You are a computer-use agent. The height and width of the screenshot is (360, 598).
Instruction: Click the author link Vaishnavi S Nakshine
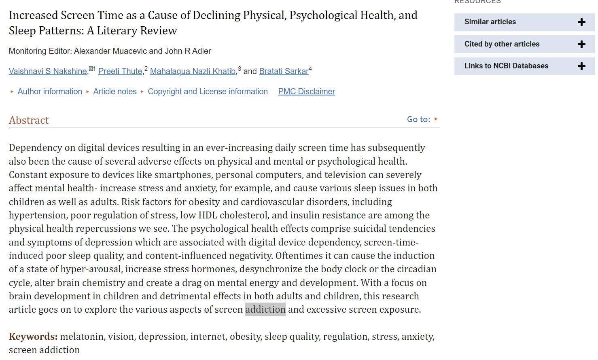coord(48,72)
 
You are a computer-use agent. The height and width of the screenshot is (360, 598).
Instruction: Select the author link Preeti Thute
coord(120,72)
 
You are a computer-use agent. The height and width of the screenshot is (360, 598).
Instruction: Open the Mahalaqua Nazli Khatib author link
coord(193,72)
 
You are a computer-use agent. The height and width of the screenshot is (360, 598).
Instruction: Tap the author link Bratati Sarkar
coord(284,72)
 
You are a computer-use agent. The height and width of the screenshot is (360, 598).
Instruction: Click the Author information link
coord(50,92)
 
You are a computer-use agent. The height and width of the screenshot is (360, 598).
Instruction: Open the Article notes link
coord(115,92)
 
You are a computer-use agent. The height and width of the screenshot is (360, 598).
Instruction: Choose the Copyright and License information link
coord(208,92)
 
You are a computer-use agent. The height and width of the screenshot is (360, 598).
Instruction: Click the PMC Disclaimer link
coord(306,92)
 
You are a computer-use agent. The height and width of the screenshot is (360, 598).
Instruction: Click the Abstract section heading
coord(29,121)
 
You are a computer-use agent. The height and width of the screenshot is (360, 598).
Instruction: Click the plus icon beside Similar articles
coord(581,22)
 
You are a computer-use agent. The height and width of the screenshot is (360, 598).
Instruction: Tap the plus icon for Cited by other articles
coord(581,44)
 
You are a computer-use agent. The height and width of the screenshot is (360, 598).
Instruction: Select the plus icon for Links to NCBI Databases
coord(581,66)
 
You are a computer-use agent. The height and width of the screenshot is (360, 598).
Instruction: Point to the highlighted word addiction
coord(265,309)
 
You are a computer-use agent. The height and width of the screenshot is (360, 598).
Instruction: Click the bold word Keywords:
coord(33,337)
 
